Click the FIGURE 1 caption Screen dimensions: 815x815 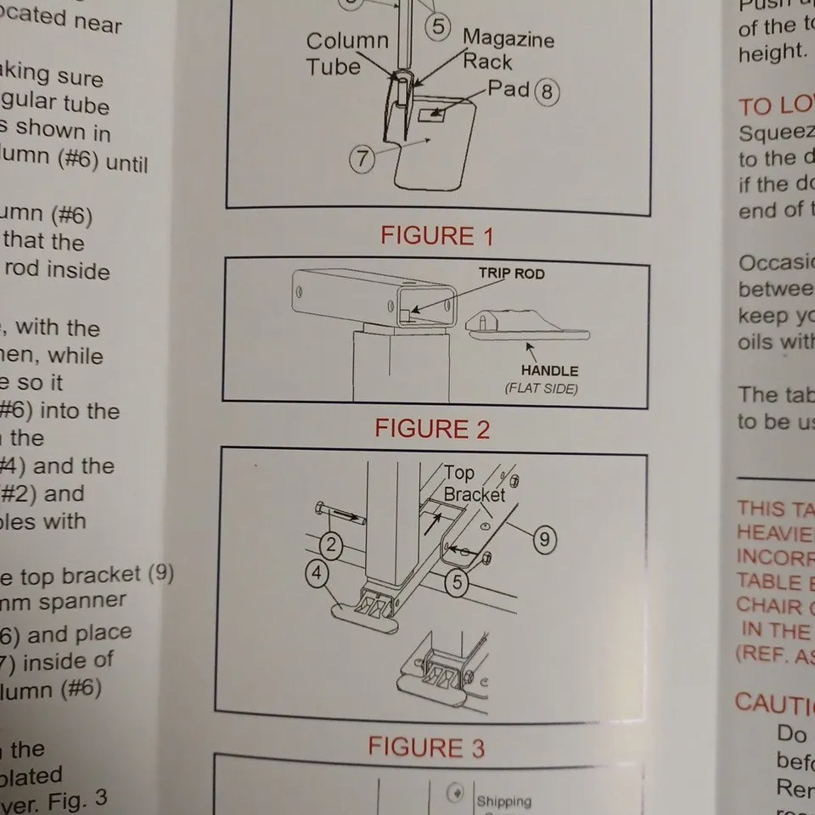436,235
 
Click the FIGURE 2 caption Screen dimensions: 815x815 432,429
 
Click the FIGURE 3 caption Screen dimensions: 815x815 426,748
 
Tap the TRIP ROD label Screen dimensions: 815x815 511,274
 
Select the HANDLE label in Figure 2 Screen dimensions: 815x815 549,371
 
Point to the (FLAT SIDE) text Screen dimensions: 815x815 542,389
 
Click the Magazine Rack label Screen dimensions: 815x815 508,50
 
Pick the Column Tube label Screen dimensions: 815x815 346,53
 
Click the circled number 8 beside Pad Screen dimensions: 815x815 548,92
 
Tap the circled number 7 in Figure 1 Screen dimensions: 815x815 362,159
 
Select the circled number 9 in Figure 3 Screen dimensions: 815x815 545,537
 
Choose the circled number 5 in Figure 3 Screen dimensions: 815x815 456,582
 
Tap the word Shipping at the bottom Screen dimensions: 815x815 504,801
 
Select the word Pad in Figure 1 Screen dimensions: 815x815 509,88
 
